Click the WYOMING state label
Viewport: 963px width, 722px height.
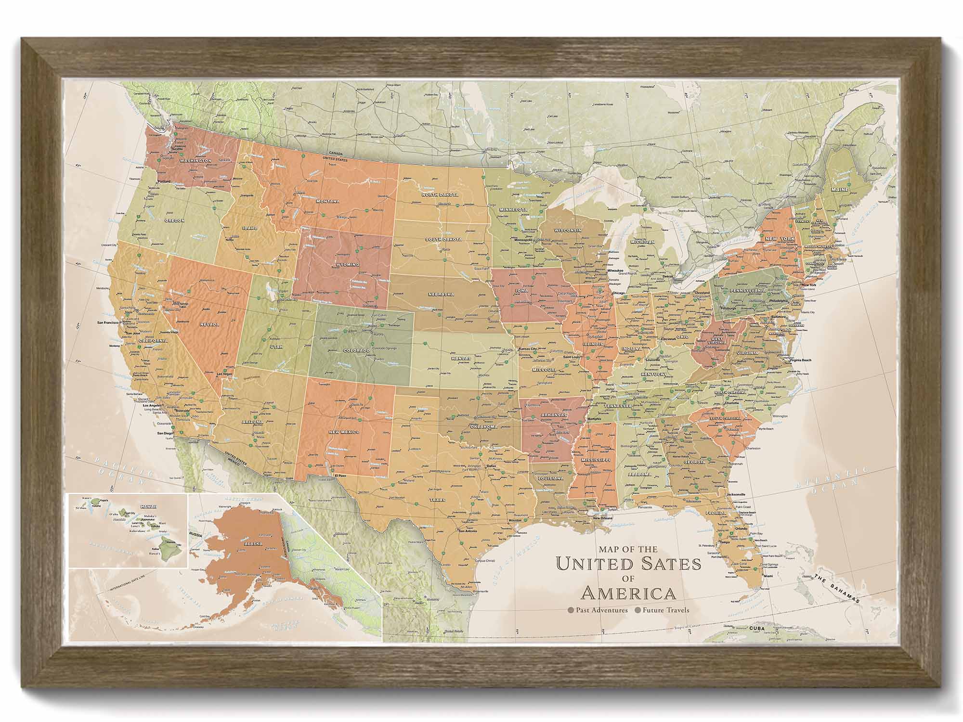point(347,265)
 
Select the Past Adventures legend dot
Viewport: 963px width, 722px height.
point(571,610)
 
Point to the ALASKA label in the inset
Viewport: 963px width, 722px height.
point(253,543)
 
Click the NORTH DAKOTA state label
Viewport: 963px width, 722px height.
point(440,195)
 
